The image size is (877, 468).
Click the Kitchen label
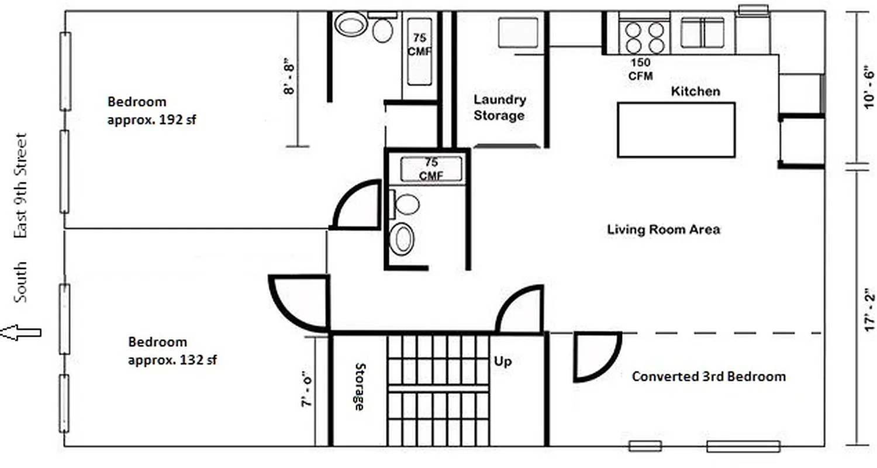[695, 91]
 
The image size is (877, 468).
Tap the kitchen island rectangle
[676, 130]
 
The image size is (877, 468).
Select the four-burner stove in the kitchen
[644, 37]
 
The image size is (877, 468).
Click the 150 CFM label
[640, 69]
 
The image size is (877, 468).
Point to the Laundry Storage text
[499, 108]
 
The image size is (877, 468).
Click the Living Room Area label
[664, 229]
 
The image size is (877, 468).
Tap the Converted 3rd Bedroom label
[709, 376]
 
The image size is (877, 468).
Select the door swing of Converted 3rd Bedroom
[596, 356]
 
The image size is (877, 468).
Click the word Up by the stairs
[503, 362]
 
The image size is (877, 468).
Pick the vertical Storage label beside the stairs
[360, 386]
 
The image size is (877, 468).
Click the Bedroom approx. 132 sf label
[172, 351]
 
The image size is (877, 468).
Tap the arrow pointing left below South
[20, 333]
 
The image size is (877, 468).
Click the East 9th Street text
[20, 186]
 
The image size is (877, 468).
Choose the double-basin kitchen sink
[702, 33]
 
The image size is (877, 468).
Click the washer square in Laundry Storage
[517, 32]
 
